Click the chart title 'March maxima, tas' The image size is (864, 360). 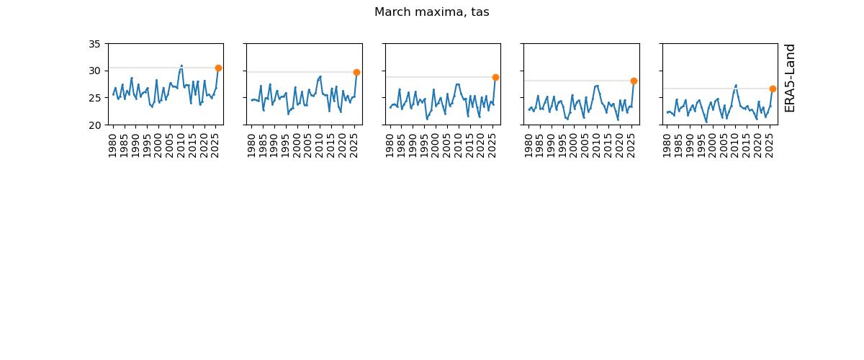click(431, 12)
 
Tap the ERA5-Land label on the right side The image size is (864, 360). click(790, 78)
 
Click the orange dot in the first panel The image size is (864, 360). click(218, 68)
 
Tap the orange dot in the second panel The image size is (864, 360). click(356, 72)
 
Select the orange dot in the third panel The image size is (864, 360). click(495, 77)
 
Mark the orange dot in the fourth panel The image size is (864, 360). click(634, 81)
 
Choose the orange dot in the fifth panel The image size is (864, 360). click(773, 89)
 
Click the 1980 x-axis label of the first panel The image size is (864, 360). click(113, 143)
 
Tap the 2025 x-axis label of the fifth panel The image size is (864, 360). click(769, 143)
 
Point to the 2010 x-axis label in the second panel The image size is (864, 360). click(320, 143)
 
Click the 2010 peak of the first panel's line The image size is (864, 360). click(181, 66)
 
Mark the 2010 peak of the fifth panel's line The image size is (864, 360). click(736, 85)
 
